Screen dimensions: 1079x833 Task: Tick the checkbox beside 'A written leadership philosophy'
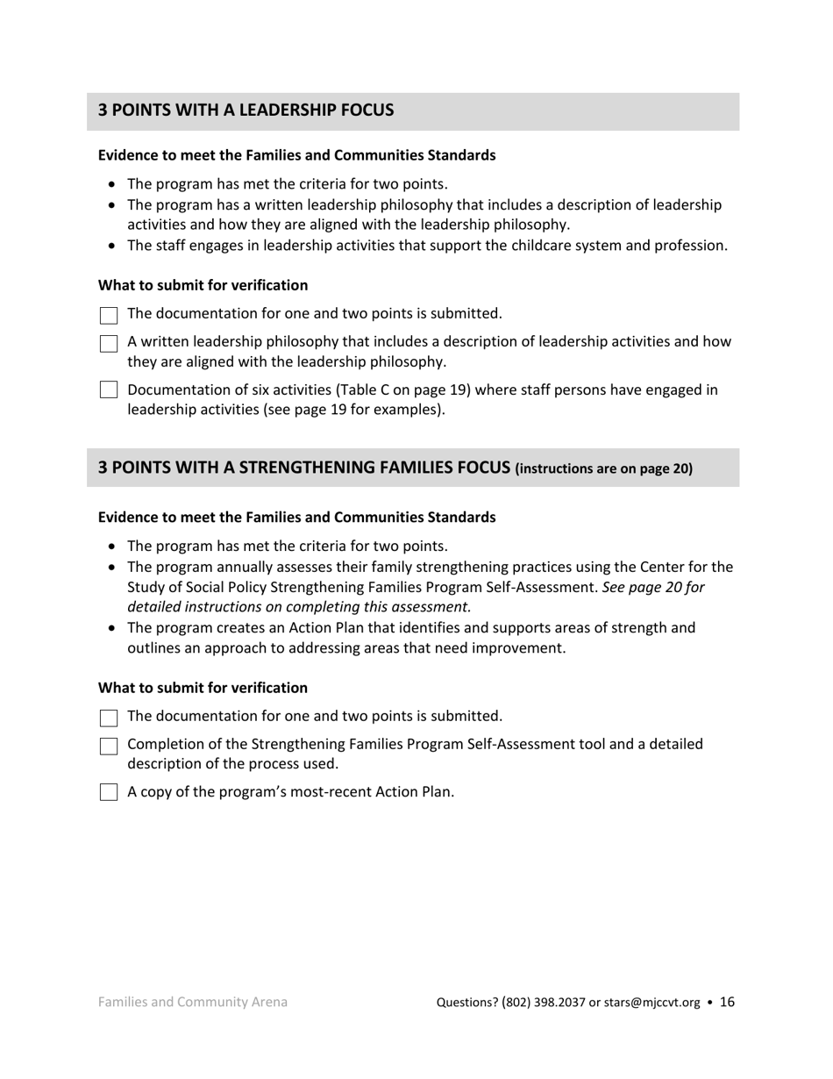[109, 343]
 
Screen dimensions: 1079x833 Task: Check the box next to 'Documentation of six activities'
[109, 390]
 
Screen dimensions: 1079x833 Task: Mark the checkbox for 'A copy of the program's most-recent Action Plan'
[109, 792]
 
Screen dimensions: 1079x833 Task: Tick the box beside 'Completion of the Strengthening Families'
[109, 746]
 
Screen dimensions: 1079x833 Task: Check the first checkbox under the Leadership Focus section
[109, 315]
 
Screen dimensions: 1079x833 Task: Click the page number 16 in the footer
[727, 1002]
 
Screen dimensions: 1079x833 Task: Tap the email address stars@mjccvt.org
[651, 1003]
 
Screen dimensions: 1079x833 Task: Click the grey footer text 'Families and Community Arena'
[193, 1002]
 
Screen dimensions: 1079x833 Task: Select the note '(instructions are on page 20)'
[604, 468]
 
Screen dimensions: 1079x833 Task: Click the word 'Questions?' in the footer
[467, 1003]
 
